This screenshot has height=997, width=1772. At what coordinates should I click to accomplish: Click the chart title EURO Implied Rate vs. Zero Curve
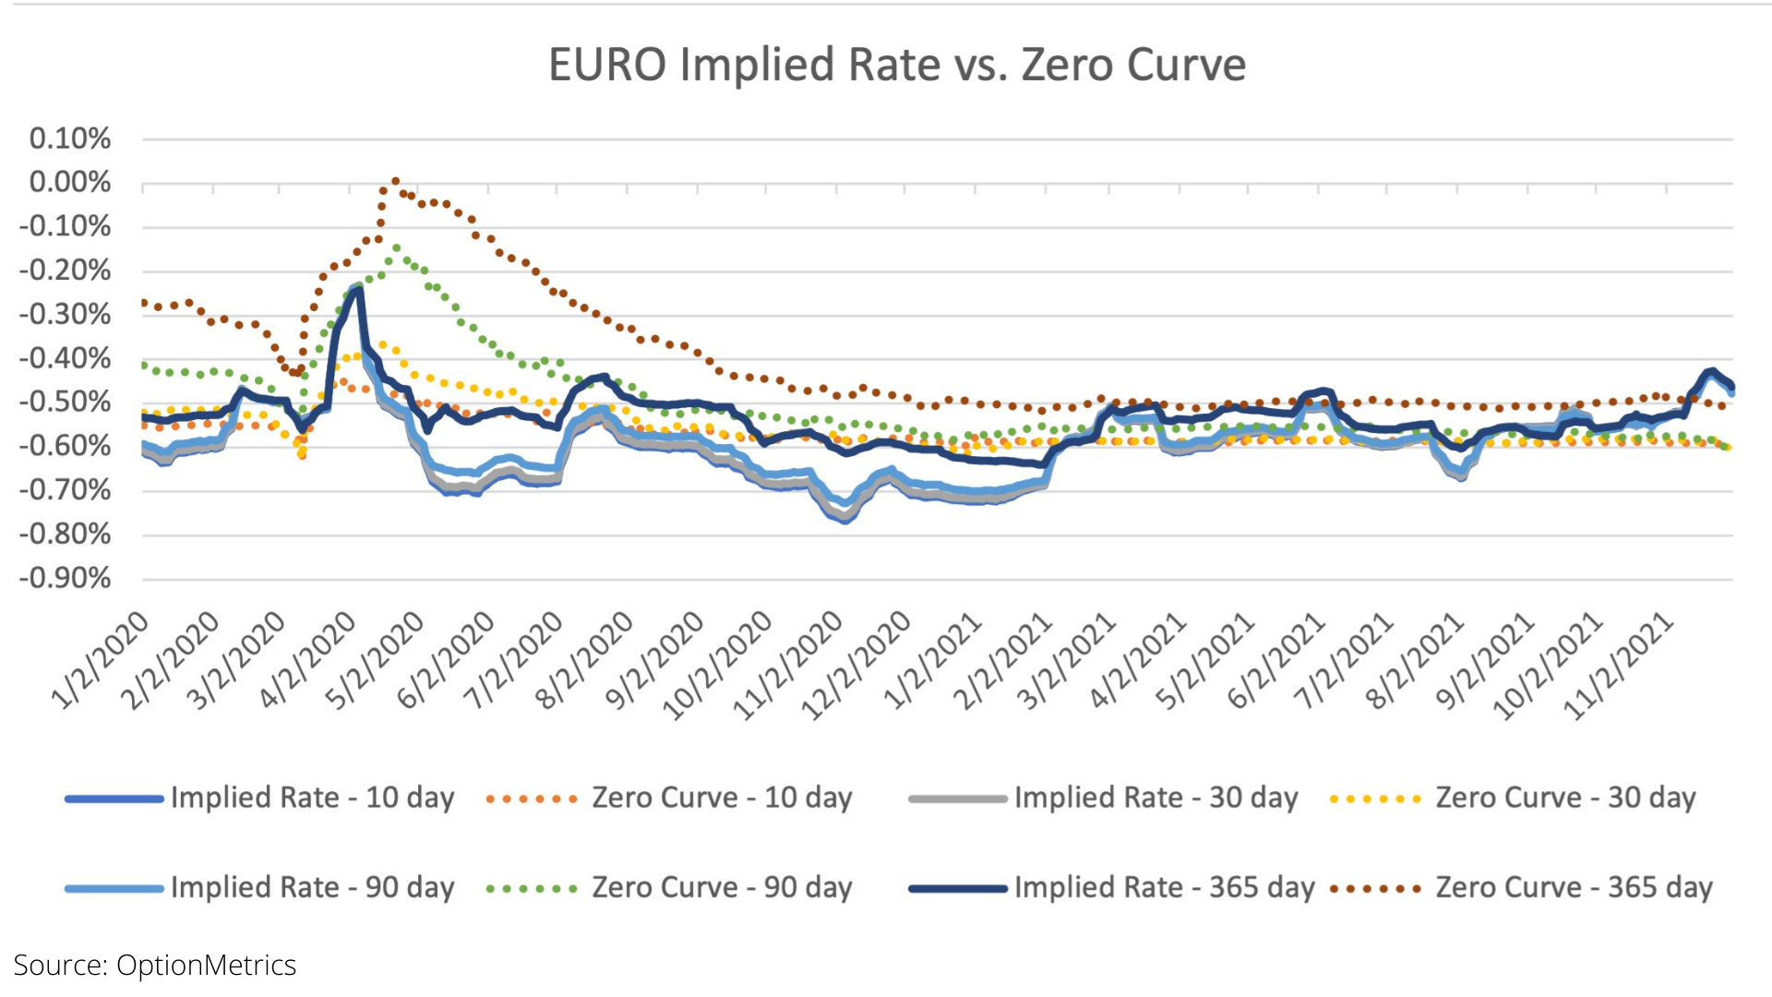[x=897, y=66]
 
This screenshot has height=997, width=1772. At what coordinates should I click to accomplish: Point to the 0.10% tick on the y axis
[x=70, y=139]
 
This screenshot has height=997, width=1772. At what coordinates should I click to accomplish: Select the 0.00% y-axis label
[x=70, y=183]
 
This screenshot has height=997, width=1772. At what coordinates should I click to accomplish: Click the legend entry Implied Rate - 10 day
[x=312, y=798]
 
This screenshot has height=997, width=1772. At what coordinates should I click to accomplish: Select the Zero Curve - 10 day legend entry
[x=722, y=798]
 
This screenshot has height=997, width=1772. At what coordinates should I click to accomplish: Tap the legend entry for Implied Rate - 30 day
[x=1155, y=798]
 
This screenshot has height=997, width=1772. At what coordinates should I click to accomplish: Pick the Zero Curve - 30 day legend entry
[x=1565, y=798]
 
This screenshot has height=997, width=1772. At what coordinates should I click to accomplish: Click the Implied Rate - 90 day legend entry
[x=312, y=887]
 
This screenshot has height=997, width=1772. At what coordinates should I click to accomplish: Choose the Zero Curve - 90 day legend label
[x=722, y=887]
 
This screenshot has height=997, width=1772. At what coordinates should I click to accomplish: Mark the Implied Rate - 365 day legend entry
[x=1164, y=887]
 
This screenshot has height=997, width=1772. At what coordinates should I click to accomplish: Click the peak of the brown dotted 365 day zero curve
[x=395, y=182]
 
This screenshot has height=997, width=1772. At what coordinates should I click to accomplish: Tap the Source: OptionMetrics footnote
[x=155, y=966]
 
